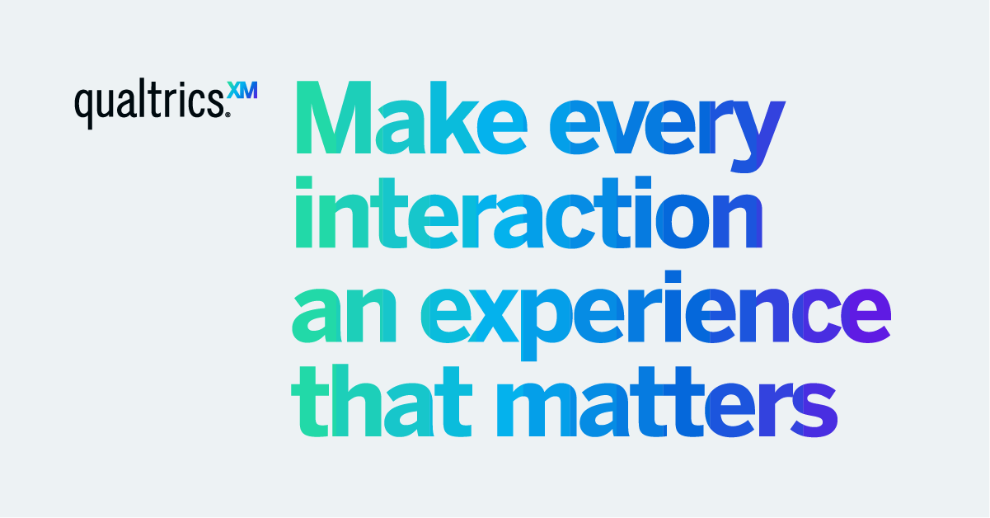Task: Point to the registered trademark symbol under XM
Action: click(x=228, y=115)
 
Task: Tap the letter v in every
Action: click(x=626, y=128)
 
